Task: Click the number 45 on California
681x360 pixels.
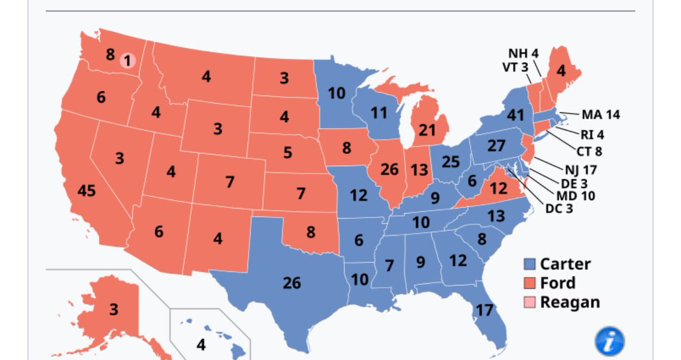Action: [86, 191]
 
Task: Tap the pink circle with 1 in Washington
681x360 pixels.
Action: [128, 60]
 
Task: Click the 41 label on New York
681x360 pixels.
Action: [515, 115]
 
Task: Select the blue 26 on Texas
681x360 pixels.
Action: [292, 282]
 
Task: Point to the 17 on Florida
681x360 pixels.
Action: [484, 310]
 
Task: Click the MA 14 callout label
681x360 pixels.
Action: [600, 115]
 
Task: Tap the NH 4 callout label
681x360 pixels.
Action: [523, 54]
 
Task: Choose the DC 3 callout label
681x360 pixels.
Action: [559, 208]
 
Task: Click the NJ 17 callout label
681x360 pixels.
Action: [581, 169]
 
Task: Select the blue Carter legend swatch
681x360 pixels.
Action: [530, 265]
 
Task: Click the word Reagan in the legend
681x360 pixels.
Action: [569, 302]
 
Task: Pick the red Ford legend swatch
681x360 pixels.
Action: [530, 283]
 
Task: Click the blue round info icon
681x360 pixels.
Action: [609, 342]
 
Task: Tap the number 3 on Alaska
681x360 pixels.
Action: [114, 309]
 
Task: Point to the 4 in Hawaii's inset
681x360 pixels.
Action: [201, 344]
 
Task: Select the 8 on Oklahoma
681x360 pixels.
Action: [310, 232]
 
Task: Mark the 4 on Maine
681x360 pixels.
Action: [561, 72]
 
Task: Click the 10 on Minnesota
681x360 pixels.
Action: [337, 93]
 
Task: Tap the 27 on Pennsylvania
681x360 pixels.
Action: [496, 145]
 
